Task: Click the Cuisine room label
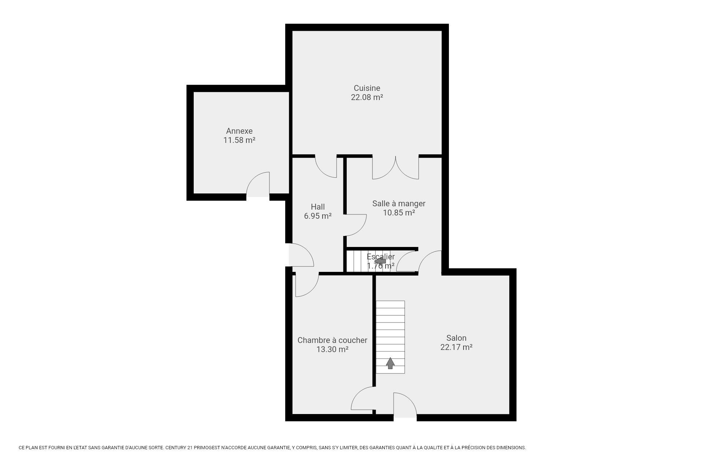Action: (367, 88)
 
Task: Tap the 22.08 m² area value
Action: (367, 97)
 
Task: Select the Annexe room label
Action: (239, 131)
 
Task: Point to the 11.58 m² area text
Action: (239, 140)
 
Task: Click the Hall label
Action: (318, 207)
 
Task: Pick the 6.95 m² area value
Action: (318, 216)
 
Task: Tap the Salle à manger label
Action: (399, 203)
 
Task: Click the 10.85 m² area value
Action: (399, 213)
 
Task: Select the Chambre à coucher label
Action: (332, 340)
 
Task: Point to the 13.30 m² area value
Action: (332, 349)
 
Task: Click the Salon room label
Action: (456, 338)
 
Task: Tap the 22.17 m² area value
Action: (456, 347)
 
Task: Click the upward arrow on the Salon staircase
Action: (390, 363)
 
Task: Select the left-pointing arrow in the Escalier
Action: (380, 261)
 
